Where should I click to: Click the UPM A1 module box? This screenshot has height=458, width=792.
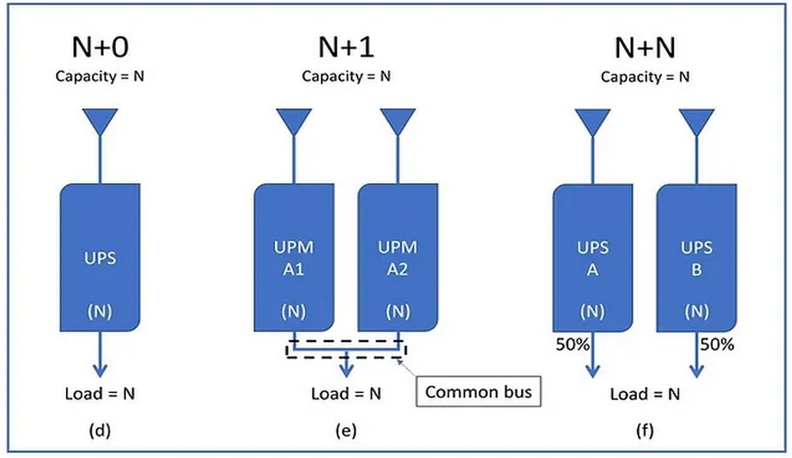coord(294,259)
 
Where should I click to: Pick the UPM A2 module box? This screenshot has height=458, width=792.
coord(398,259)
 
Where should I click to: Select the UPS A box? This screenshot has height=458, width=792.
coord(593,259)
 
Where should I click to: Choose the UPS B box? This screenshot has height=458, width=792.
coord(696,259)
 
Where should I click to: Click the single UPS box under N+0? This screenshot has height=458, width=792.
coord(99,259)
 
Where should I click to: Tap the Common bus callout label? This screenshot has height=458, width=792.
coord(478,391)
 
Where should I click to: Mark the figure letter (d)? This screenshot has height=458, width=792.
coord(99,431)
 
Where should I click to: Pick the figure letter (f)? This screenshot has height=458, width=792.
coord(644,431)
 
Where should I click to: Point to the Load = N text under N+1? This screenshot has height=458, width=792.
coord(345,393)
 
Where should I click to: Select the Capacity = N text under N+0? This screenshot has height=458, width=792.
coord(100,77)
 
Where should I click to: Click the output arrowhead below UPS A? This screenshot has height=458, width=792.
coord(593,372)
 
